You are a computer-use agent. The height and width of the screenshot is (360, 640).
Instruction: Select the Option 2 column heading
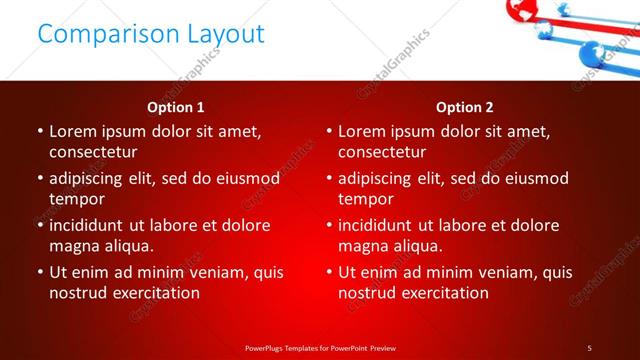pos(465,107)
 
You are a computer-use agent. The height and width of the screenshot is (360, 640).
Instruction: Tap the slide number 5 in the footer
pos(589,347)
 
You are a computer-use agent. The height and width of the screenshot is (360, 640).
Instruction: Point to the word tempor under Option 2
pos(366,198)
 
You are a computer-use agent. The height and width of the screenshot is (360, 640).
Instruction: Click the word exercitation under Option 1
pos(155,292)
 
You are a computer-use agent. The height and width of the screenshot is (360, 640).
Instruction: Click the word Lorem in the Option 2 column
pos(362,131)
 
